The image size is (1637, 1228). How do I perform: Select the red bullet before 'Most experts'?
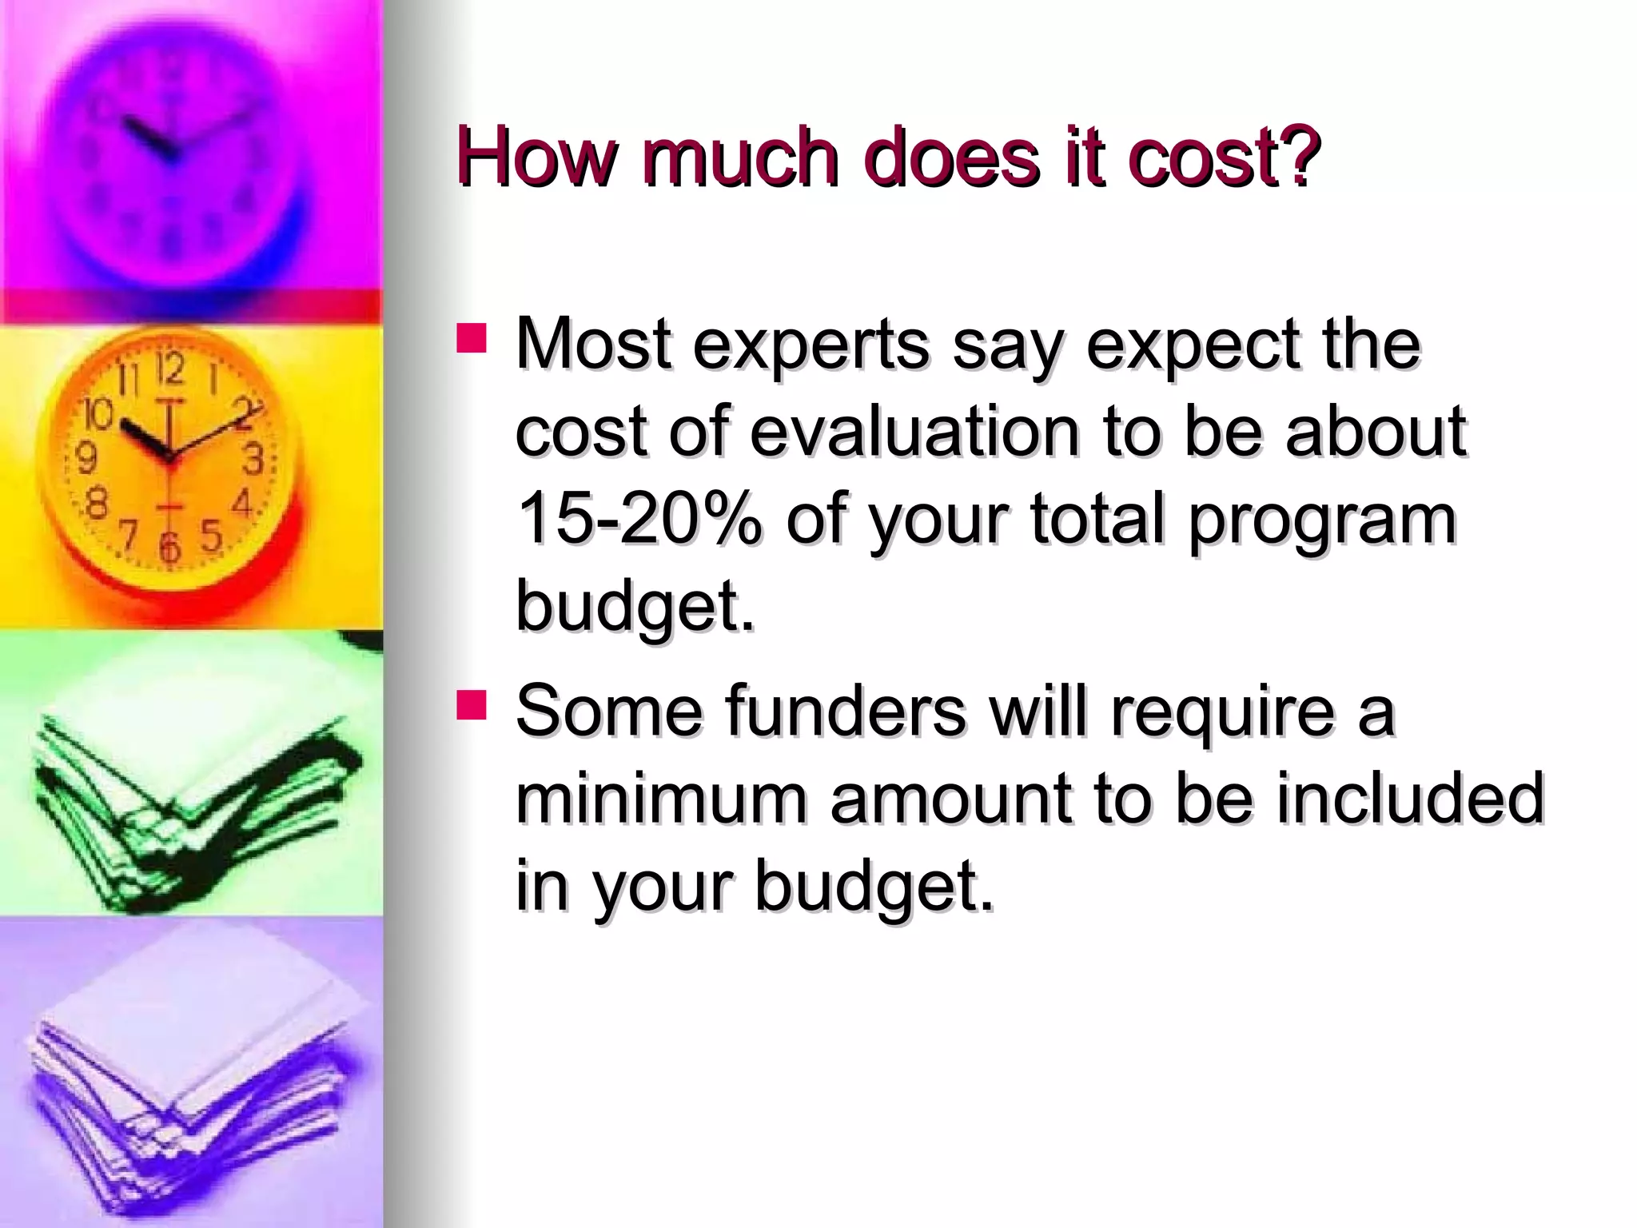pos(472,338)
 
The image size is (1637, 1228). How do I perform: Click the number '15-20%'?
pos(639,520)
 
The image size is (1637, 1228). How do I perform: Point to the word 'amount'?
pos(951,799)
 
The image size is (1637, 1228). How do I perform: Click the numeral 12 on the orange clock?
pos(169,369)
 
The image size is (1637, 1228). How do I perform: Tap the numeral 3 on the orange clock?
pos(253,460)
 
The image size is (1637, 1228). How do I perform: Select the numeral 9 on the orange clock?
pos(85,459)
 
